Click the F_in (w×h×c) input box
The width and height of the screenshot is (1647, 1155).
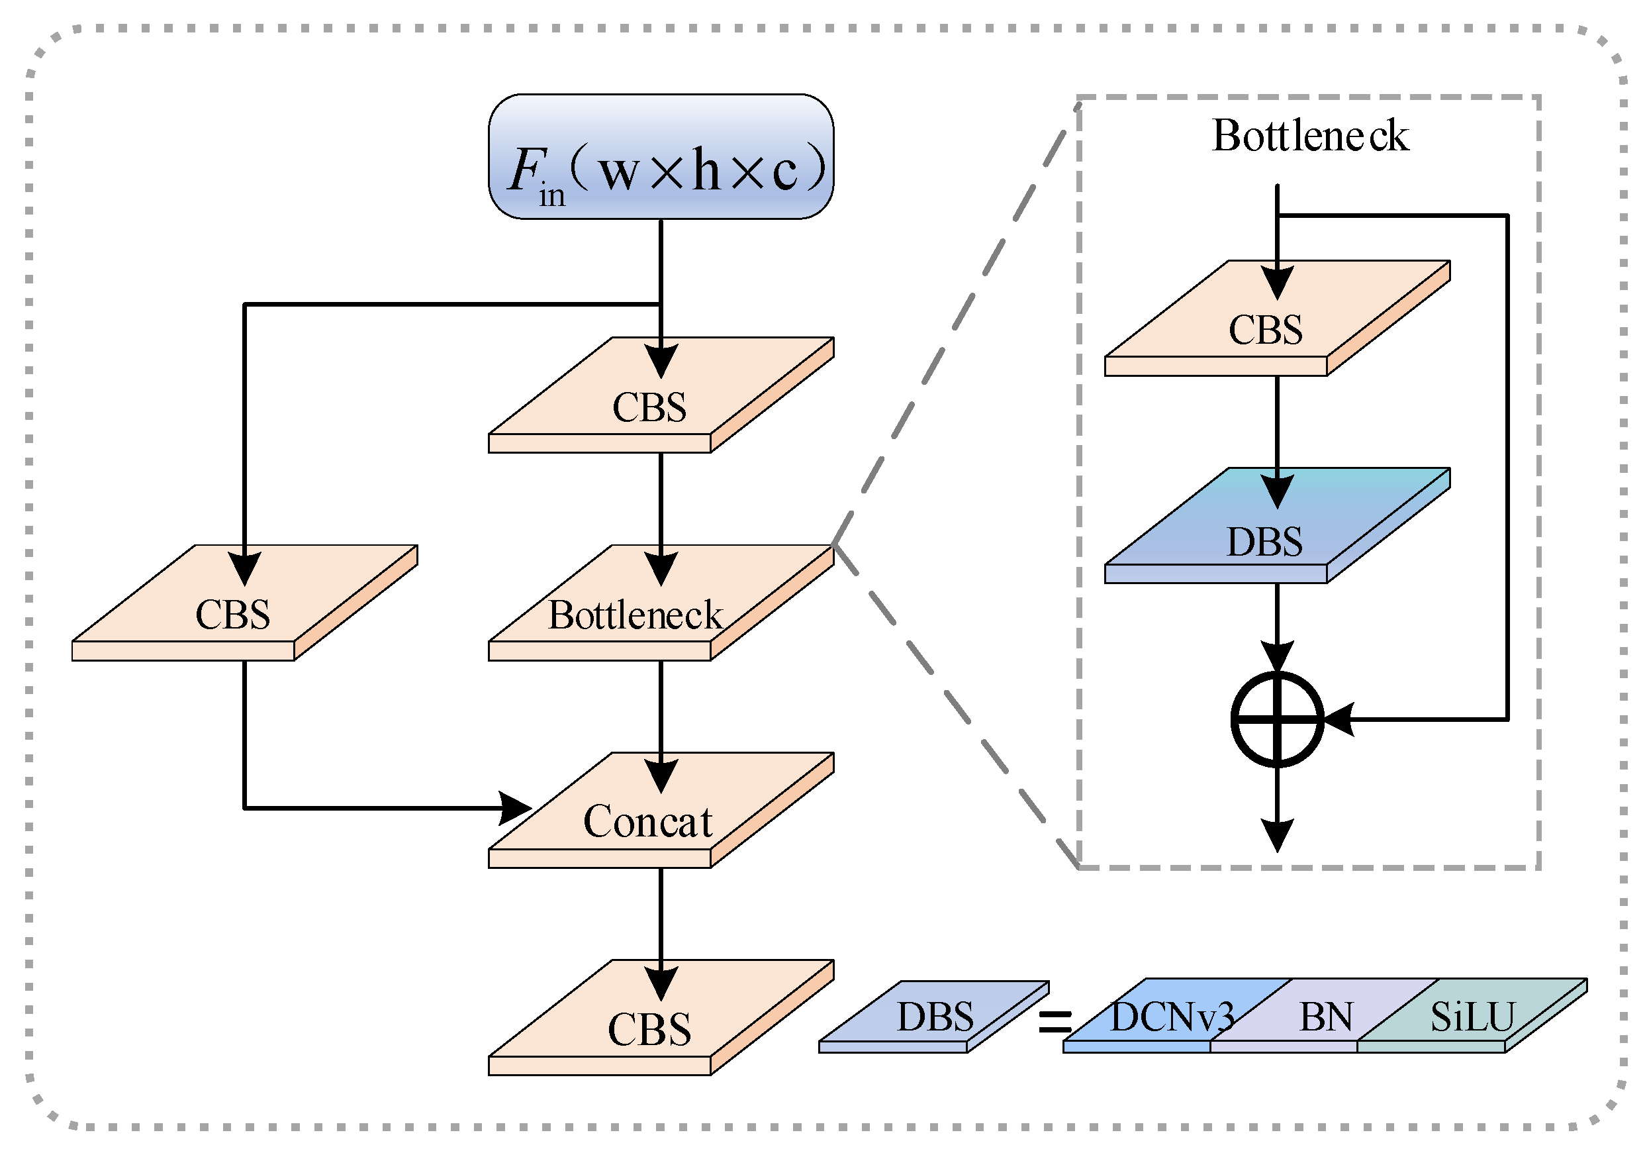661,156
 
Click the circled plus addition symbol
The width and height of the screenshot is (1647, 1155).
1277,719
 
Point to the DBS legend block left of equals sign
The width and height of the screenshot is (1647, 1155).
934,1017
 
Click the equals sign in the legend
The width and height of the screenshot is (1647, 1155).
1055,1021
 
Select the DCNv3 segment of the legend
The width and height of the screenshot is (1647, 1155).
1172,1017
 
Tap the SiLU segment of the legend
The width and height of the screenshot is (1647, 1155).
1472,1017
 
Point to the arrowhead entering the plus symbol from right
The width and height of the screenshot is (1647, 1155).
1339,719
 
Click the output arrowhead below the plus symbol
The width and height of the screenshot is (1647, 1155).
1277,836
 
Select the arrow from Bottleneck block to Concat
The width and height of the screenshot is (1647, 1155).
661,718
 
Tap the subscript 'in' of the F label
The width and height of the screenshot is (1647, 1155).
551,195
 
